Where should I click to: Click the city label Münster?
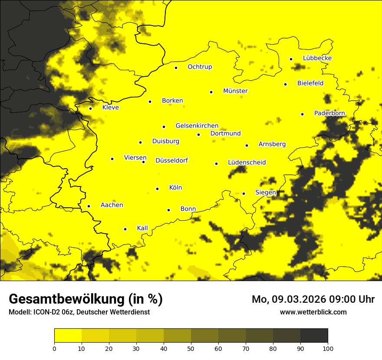235,91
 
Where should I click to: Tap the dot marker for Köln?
158,189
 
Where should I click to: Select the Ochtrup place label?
200,67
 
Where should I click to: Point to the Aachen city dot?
89,206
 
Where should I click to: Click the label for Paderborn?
329,113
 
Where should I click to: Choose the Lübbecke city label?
317,58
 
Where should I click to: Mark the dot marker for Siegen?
244,193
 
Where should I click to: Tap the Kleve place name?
110,108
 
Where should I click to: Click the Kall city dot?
125,229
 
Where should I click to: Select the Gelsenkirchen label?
197,126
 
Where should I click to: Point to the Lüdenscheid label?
247,163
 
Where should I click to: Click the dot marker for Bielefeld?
286,84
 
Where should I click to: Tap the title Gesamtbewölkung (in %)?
86,299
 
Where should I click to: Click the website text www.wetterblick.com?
313,312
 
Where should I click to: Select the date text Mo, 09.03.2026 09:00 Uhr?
313,299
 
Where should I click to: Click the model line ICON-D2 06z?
79,312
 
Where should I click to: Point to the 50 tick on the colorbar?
191,348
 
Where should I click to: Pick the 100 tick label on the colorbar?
328,348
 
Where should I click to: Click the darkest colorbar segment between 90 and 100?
314,336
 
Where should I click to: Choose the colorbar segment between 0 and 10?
68,336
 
